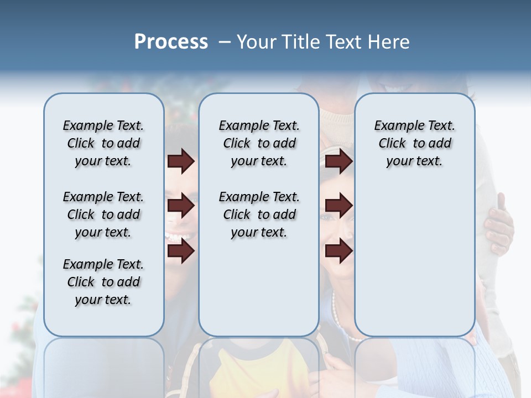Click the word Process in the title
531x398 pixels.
coord(171,42)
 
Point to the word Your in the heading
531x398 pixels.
coord(257,42)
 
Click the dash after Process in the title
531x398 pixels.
coord(225,43)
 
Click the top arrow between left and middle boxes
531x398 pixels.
coord(181,161)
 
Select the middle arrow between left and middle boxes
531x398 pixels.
coord(181,206)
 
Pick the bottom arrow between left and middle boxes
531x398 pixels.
coord(181,251)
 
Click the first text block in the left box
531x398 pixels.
coord(103,143)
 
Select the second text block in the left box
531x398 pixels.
coord(103,214)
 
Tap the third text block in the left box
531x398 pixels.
coord(103,282)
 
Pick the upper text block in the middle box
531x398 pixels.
coord(259,143)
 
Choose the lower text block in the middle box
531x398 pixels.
coord(259,214)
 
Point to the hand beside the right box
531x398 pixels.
coord(499,224)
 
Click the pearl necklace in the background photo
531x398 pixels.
coord(339,321)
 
